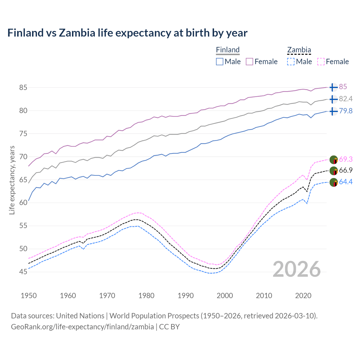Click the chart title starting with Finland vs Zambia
coord(127,33)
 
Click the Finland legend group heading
coord(228,50)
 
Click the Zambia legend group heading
coord(299,50)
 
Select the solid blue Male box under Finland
coord(220,62)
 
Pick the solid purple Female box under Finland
coord(249,62)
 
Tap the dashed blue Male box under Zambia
coord(291,62)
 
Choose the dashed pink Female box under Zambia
coord(321,62)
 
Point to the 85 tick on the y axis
coord(23,87)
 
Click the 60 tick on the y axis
coord(23,202)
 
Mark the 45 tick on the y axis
coord(23,272)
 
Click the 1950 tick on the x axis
coord(29,296)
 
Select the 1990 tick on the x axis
coord(186,296)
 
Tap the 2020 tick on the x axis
coord(303,296)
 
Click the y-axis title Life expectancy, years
coord(12,180)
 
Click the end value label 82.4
coord(346,99)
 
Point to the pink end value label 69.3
coord(346,159)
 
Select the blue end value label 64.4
coord(346,182)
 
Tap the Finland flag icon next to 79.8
coord(333,111)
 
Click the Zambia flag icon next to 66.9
coord(334,171)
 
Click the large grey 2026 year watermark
coord(297,269)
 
